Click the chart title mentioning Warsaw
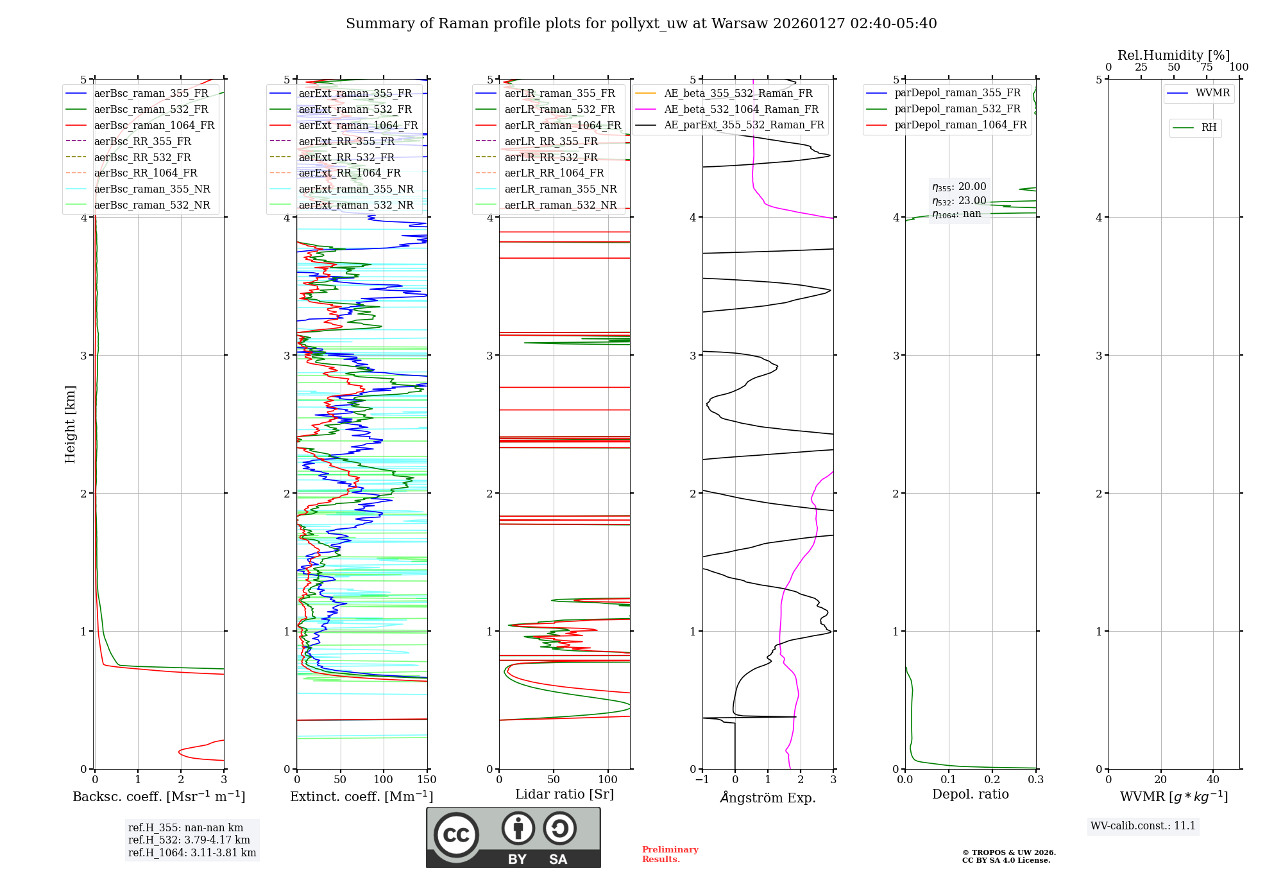(x=641, y=24)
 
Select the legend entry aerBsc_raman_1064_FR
(x=154, y=126)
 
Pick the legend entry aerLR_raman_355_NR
(x=560, y=189)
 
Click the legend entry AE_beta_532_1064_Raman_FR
(x=741, y=110)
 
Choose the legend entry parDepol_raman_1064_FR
(x=960, y=125)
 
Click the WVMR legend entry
(x=1212, y=94)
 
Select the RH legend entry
(x=1209, y=128)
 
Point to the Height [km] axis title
(x=70, y=424)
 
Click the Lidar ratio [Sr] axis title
(x=564, y=795)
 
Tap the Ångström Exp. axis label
(x=767, y=798)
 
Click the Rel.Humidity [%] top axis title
(x=1173, y=55)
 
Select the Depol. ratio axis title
(x=970, y=795)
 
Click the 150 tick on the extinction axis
(x=427, y=780)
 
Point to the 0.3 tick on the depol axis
(x=1035, y=780)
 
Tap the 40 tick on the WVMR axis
(x=1212, y=780)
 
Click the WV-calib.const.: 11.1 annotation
(x=1143, y=826)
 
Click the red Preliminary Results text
(x=670, y=854)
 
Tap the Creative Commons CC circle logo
(x=456, y=835)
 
